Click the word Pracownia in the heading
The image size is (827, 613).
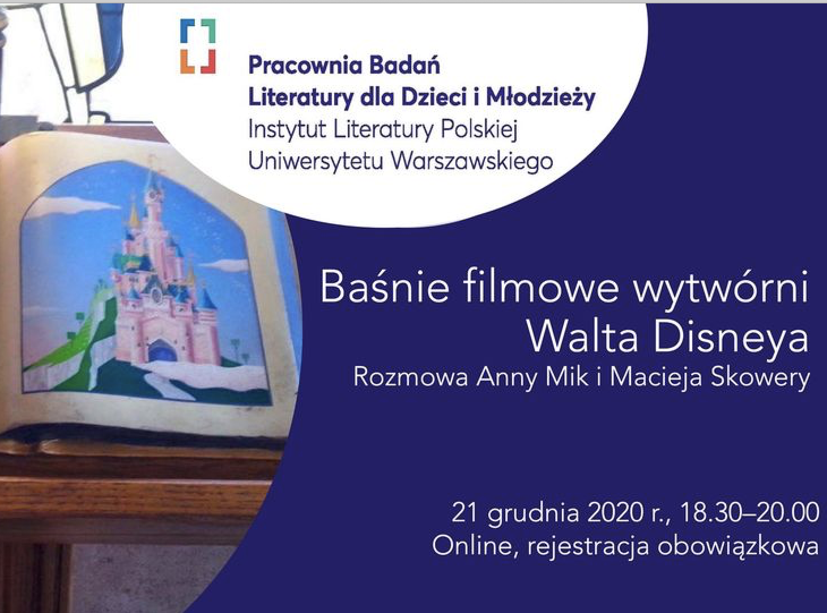pyautogui.click(x=305, y=65)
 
